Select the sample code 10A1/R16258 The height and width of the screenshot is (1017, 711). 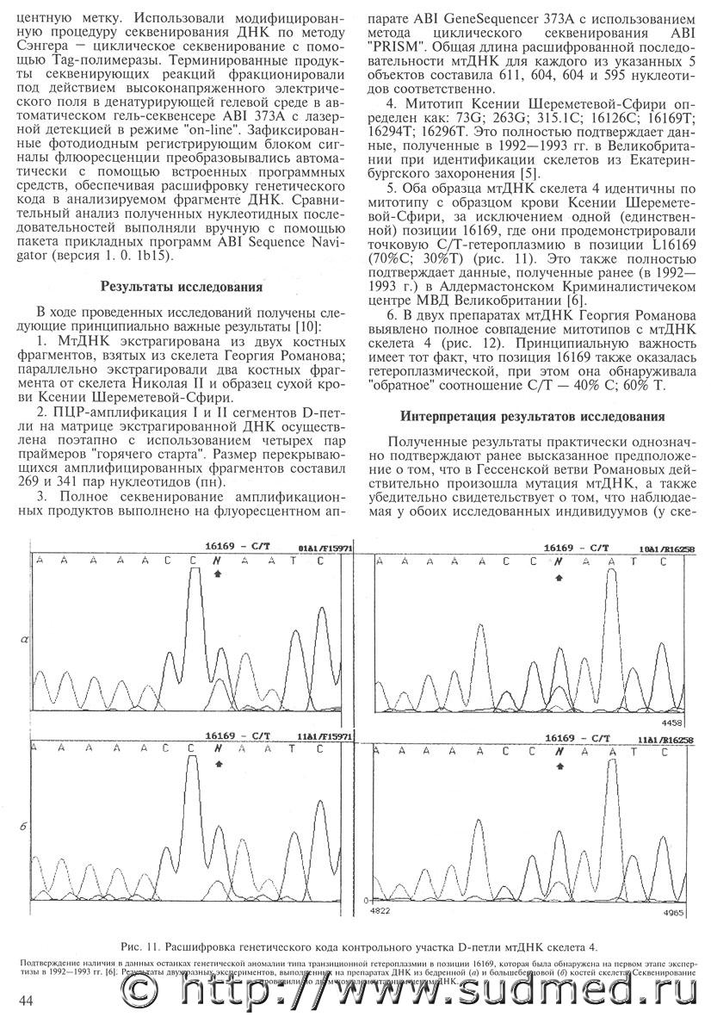[666, 548]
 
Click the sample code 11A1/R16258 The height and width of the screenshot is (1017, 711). [666, 740]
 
